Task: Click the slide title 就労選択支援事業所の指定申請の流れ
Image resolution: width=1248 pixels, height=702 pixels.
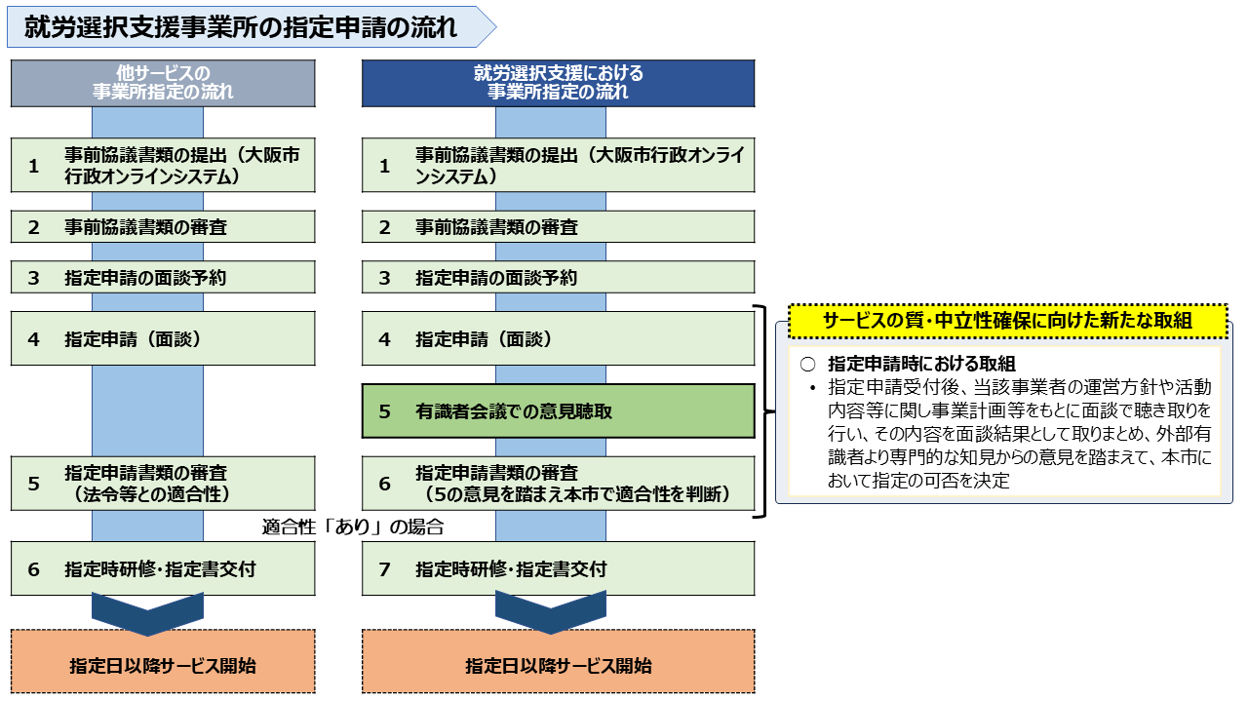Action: point(241,27)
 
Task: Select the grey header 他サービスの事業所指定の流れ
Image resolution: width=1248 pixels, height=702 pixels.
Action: point(163,83)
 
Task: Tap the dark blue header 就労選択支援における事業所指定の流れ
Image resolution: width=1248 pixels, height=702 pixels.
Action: point(559,83)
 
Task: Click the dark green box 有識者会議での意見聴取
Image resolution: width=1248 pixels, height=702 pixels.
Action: point(559,411)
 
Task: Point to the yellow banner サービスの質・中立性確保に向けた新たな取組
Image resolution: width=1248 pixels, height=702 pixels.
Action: point(1008,321)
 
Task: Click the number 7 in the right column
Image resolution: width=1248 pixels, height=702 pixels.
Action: point(384,569)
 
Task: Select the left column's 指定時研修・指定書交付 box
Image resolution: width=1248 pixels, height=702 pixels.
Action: point(163,568)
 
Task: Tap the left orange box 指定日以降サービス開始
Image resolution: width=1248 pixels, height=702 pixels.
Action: point(163,661)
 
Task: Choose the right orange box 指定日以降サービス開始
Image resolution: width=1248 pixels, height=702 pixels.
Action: point(559,661)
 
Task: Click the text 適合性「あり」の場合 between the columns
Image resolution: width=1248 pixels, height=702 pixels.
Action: point(353,526)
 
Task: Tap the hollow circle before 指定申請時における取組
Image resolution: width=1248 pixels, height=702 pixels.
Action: point(808,365)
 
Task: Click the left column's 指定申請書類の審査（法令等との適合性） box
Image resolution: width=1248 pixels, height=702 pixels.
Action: point(163,484)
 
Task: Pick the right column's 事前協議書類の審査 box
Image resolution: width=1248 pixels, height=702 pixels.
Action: point(559,227)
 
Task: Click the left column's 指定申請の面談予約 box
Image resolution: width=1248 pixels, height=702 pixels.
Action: point(163,278)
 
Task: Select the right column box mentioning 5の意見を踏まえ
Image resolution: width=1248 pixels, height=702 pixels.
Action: point(559,484)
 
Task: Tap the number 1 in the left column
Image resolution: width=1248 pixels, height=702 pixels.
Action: point(34,166)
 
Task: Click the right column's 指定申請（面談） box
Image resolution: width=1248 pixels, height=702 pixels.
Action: point(559,338)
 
